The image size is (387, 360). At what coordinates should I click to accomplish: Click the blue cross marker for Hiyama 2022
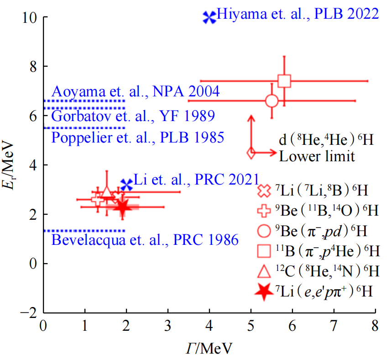[209, 17]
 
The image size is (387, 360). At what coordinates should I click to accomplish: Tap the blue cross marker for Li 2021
[126, 184]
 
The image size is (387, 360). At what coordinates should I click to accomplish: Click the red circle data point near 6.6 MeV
[272, 101]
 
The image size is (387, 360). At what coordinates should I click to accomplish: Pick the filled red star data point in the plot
[122, 207]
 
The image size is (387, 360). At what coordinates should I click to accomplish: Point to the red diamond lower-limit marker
[251, 153]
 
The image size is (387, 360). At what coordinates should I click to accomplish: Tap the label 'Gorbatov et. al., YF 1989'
[133, 115]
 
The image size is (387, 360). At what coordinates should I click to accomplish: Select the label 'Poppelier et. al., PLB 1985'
[137, 137]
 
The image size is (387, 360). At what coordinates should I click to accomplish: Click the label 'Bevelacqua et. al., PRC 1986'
[145, 239]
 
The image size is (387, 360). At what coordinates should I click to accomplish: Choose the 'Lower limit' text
[317, 157]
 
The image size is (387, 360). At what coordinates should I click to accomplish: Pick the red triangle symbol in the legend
[265, 271]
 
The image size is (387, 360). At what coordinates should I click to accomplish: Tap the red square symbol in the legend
[265, 251]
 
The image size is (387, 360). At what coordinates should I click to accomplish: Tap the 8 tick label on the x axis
[375, 326]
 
